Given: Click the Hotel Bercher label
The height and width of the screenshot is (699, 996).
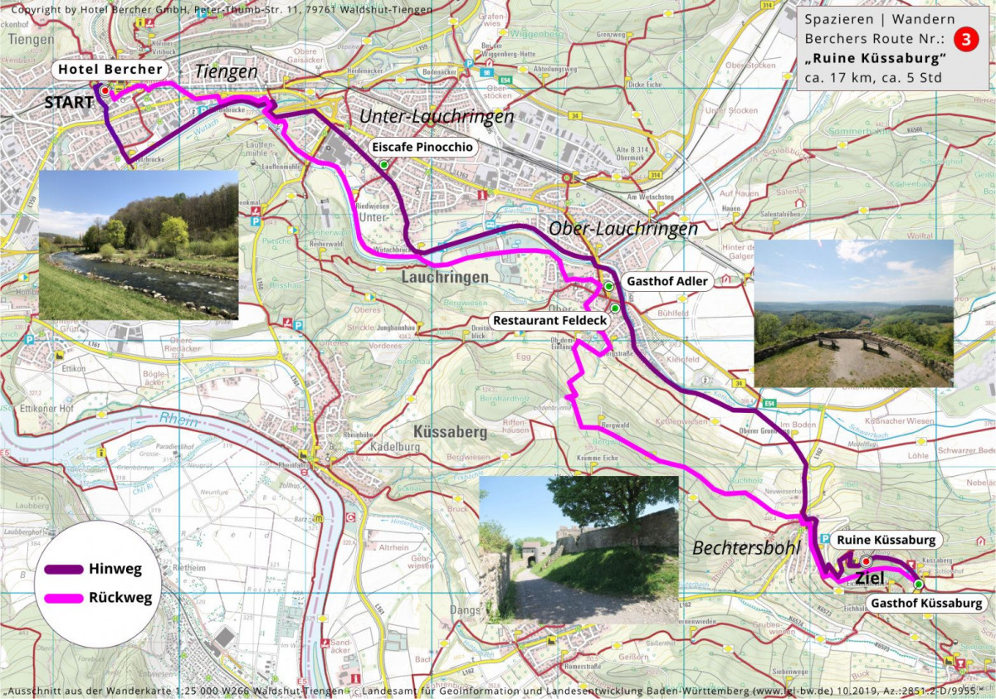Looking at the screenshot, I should (x=111, y=70).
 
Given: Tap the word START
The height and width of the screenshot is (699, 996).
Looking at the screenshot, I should (x=69, y=103).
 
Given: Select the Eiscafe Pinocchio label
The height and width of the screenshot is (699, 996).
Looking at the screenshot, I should (x=422, y=148).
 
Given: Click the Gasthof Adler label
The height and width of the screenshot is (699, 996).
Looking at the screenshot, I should (x=667, y=281).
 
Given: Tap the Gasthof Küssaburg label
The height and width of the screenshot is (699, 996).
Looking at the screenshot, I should (x=927, y=603).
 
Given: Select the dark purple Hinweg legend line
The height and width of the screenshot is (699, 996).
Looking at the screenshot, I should (x=61, y=570).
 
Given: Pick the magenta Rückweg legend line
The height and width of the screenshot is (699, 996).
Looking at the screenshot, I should (x=61, y=597).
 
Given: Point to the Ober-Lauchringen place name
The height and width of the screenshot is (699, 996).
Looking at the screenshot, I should (x=623, y=229).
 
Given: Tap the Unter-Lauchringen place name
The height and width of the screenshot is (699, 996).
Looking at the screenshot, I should (x=437, y=117).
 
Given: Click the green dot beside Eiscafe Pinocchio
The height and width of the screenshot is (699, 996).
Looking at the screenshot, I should (x=384, y=165).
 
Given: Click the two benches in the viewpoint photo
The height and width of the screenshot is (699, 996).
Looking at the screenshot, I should (x=850, y=340).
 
